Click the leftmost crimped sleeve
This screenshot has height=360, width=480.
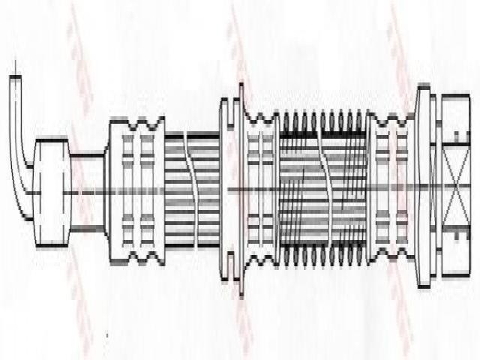136,190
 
